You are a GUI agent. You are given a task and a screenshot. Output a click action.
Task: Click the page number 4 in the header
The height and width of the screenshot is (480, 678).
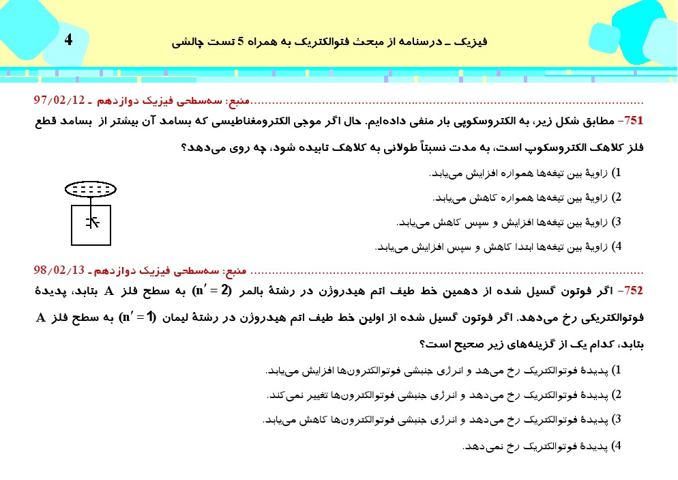tap(68, 40)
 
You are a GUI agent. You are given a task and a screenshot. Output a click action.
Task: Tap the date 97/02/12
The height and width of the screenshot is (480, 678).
tap(59, 100)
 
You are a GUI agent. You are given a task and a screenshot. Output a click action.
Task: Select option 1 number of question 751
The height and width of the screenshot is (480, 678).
tap(618, 173)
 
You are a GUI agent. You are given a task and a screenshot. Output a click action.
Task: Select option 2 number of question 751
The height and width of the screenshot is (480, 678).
tap(618, 197)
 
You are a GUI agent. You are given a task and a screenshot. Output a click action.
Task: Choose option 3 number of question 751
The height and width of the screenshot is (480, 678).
tap(618, 222)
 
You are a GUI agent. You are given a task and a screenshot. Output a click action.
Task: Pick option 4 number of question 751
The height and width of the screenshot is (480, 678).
tap(618, 246)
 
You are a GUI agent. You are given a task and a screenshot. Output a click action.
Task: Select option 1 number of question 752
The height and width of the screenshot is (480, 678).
tap(618, 370)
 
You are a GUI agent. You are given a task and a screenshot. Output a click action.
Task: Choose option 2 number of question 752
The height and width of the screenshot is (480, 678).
tap(618, 395)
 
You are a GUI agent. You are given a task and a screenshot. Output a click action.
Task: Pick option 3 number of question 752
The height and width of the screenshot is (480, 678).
tap(618, 419)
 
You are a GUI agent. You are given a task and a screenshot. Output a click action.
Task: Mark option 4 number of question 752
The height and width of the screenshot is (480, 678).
tap(618, 447)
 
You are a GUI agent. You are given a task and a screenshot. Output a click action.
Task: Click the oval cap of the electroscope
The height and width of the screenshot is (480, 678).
tap(91, 188)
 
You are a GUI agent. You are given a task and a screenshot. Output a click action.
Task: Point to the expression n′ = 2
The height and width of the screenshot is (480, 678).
tap(213, 290)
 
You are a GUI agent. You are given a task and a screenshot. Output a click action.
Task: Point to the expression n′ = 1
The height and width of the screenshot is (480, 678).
tap(138, 317)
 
